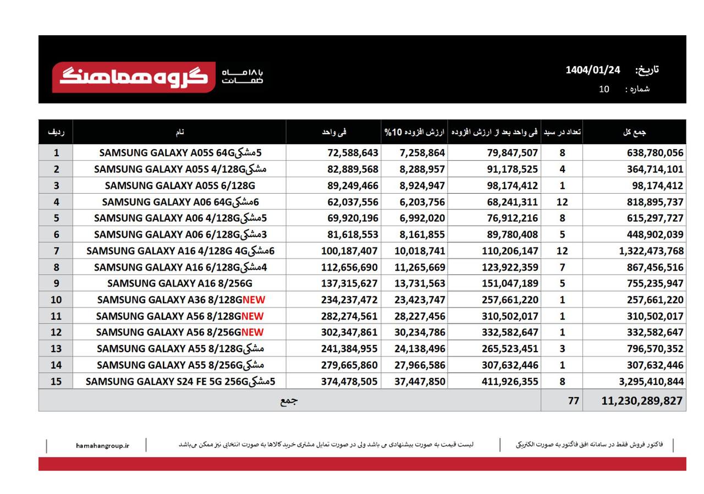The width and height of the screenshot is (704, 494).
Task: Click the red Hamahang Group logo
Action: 134,77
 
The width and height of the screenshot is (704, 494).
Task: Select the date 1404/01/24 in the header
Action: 592,70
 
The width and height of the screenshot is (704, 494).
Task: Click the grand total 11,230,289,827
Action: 642,401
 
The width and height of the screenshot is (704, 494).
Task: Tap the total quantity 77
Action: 573,401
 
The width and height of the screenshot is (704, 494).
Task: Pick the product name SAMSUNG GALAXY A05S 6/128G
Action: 180,185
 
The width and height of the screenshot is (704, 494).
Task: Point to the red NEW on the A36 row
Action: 254,300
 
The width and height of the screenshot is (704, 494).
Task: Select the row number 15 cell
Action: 56,381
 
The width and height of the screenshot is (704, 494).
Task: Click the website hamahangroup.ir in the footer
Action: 102,445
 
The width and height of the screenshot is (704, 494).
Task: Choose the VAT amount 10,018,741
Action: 420,251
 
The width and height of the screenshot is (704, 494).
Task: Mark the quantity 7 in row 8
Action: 562,267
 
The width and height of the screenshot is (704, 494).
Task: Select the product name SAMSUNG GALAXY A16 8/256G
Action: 180,283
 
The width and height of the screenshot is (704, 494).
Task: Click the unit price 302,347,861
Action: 349,332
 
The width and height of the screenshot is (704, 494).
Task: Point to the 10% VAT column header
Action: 415,132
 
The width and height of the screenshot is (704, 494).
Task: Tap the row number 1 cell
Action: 56,152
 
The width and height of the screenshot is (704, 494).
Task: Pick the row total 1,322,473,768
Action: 651,251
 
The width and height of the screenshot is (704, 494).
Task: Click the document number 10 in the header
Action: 604,89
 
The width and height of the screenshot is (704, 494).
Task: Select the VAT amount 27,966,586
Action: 420,365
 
